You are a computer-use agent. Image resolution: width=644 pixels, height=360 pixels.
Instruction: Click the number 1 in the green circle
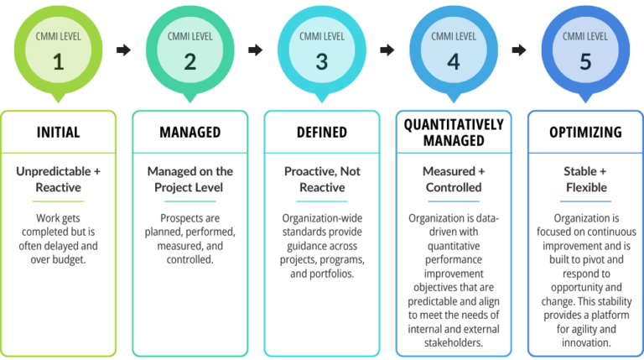58,61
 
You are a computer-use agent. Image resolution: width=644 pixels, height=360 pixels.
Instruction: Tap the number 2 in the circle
190,61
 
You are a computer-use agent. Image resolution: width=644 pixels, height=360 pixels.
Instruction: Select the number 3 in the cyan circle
322,61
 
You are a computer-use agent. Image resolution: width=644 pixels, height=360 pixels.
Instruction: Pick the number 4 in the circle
454,61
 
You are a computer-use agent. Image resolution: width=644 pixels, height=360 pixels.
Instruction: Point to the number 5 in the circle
585,61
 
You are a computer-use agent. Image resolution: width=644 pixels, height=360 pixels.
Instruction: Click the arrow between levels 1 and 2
123,50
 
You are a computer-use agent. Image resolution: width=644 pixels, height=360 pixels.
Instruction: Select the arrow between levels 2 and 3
256,50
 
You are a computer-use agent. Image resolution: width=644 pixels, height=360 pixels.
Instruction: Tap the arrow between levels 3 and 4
387,50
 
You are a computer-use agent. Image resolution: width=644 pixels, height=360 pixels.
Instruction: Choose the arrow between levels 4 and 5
519,50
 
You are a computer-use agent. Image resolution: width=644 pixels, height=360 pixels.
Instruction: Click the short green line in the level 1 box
58,201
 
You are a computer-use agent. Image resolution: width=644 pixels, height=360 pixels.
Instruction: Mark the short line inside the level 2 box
190,201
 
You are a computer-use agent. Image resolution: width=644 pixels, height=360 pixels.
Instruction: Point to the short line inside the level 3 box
322,201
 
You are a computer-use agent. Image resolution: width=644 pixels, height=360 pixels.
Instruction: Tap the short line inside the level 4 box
454,201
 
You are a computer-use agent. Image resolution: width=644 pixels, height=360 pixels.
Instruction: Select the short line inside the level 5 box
585,201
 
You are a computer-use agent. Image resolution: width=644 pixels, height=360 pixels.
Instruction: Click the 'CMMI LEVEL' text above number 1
58,37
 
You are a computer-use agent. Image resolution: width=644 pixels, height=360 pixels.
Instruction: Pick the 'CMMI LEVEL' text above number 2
190,37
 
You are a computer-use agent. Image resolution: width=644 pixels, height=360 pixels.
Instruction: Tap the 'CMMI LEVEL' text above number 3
322,37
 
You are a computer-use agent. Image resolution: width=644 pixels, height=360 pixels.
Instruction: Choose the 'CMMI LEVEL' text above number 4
454,37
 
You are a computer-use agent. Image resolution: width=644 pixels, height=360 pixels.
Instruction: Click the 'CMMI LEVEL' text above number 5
585,37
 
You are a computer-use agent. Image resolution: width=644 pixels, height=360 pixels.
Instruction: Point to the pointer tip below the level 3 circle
322,100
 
